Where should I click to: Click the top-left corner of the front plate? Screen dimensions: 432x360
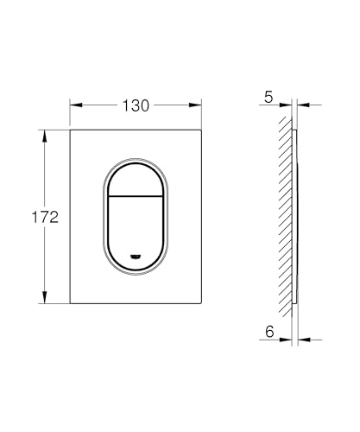71,131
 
